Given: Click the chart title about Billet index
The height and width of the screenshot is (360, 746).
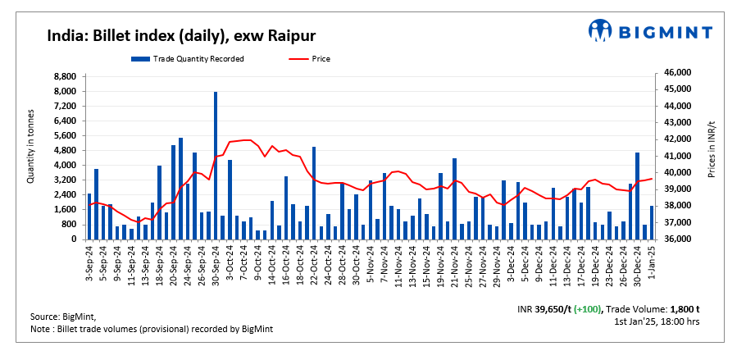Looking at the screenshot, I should click(181, 35).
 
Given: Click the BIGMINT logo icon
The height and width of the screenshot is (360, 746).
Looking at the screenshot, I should click(601, 32).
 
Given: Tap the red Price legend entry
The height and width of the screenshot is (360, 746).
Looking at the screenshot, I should click(316, 58).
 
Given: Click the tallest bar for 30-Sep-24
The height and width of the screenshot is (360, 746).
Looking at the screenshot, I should click(216, 164).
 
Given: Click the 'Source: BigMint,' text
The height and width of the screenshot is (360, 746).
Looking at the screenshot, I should click(64, 317).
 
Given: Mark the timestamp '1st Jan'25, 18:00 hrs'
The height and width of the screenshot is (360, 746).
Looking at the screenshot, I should click(657, 321).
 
